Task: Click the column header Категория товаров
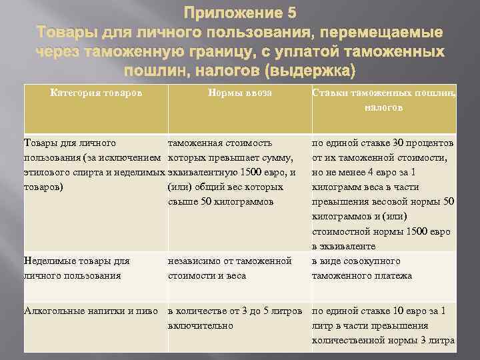(96, 93)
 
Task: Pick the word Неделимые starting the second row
(48, 261)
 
